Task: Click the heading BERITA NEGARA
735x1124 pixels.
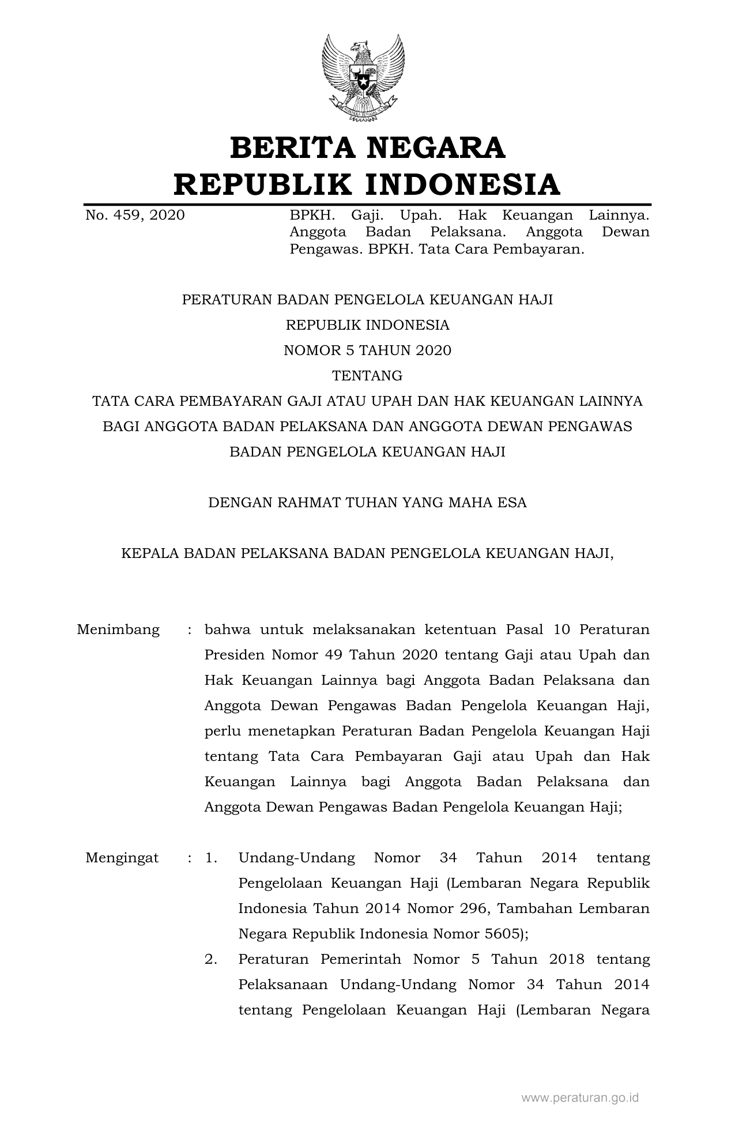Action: (x=367, y=148)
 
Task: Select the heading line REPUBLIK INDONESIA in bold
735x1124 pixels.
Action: (x=367, y=184)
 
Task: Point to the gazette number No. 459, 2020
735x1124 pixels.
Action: (x=135, y=216)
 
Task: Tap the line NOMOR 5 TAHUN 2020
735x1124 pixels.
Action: (x=367, y=350)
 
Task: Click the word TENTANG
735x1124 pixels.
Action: (x=367, y=376)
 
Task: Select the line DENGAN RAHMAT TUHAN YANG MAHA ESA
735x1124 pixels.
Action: (x=367, y=503)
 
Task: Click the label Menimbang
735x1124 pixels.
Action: (x=118, y=629)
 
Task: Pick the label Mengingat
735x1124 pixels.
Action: (x=122, y=858)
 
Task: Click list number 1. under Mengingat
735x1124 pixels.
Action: (x=211, y=858)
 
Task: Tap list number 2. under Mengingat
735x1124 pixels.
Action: (x=211, y=959)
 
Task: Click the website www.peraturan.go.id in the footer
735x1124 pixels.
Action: (x=580, y=1098)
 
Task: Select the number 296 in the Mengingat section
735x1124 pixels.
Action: (x=476, y=908)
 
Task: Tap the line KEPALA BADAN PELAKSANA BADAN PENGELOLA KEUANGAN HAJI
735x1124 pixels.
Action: (x=367, y=553)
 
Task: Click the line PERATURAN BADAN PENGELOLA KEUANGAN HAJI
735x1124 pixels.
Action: (x=367, y=300)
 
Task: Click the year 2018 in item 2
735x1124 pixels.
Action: (x=567, y=959)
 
